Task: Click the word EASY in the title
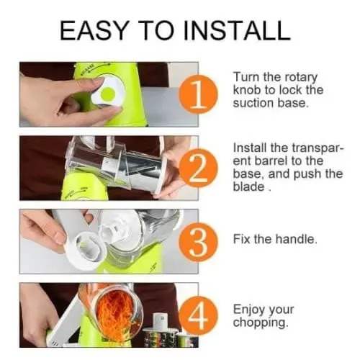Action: [94, 30]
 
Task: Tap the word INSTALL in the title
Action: [237, 30]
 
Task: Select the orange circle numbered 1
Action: [198, 94]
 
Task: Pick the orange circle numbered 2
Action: [198, 168]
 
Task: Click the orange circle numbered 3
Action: [198, 242]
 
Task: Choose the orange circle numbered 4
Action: [198, 315]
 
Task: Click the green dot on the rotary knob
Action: [107, 94]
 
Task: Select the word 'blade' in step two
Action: [248, 186]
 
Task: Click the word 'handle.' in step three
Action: [296, 239]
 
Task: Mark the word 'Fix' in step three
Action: [242, 239]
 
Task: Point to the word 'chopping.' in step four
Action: [261, 323]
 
